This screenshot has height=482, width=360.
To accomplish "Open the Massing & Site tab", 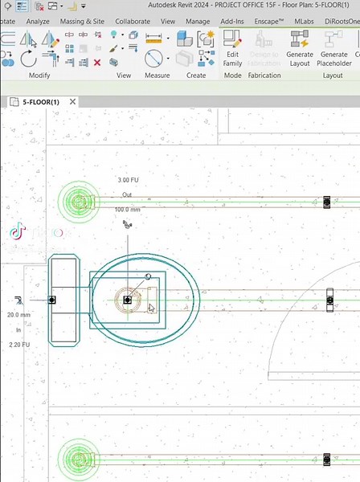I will click(x=81, y=21).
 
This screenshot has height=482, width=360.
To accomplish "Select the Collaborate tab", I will click(x=133, y=21).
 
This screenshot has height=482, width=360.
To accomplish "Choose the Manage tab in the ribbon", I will click(x=198, y=21).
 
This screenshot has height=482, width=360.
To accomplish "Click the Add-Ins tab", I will click(x=233, y=21).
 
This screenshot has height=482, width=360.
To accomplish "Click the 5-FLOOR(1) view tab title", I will click(x=40, y=102).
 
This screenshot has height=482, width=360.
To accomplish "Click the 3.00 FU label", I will click(x=129, y=180).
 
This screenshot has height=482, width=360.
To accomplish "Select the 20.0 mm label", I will click(x=18, y=315).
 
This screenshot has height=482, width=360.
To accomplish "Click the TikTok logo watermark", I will click(x=18, y=232).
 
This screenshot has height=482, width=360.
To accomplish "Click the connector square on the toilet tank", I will click(x=51, y=300).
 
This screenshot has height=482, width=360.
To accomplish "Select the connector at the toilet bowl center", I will click(x=127, y=300).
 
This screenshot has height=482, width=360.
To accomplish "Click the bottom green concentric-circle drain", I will click(x=78, y=459).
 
